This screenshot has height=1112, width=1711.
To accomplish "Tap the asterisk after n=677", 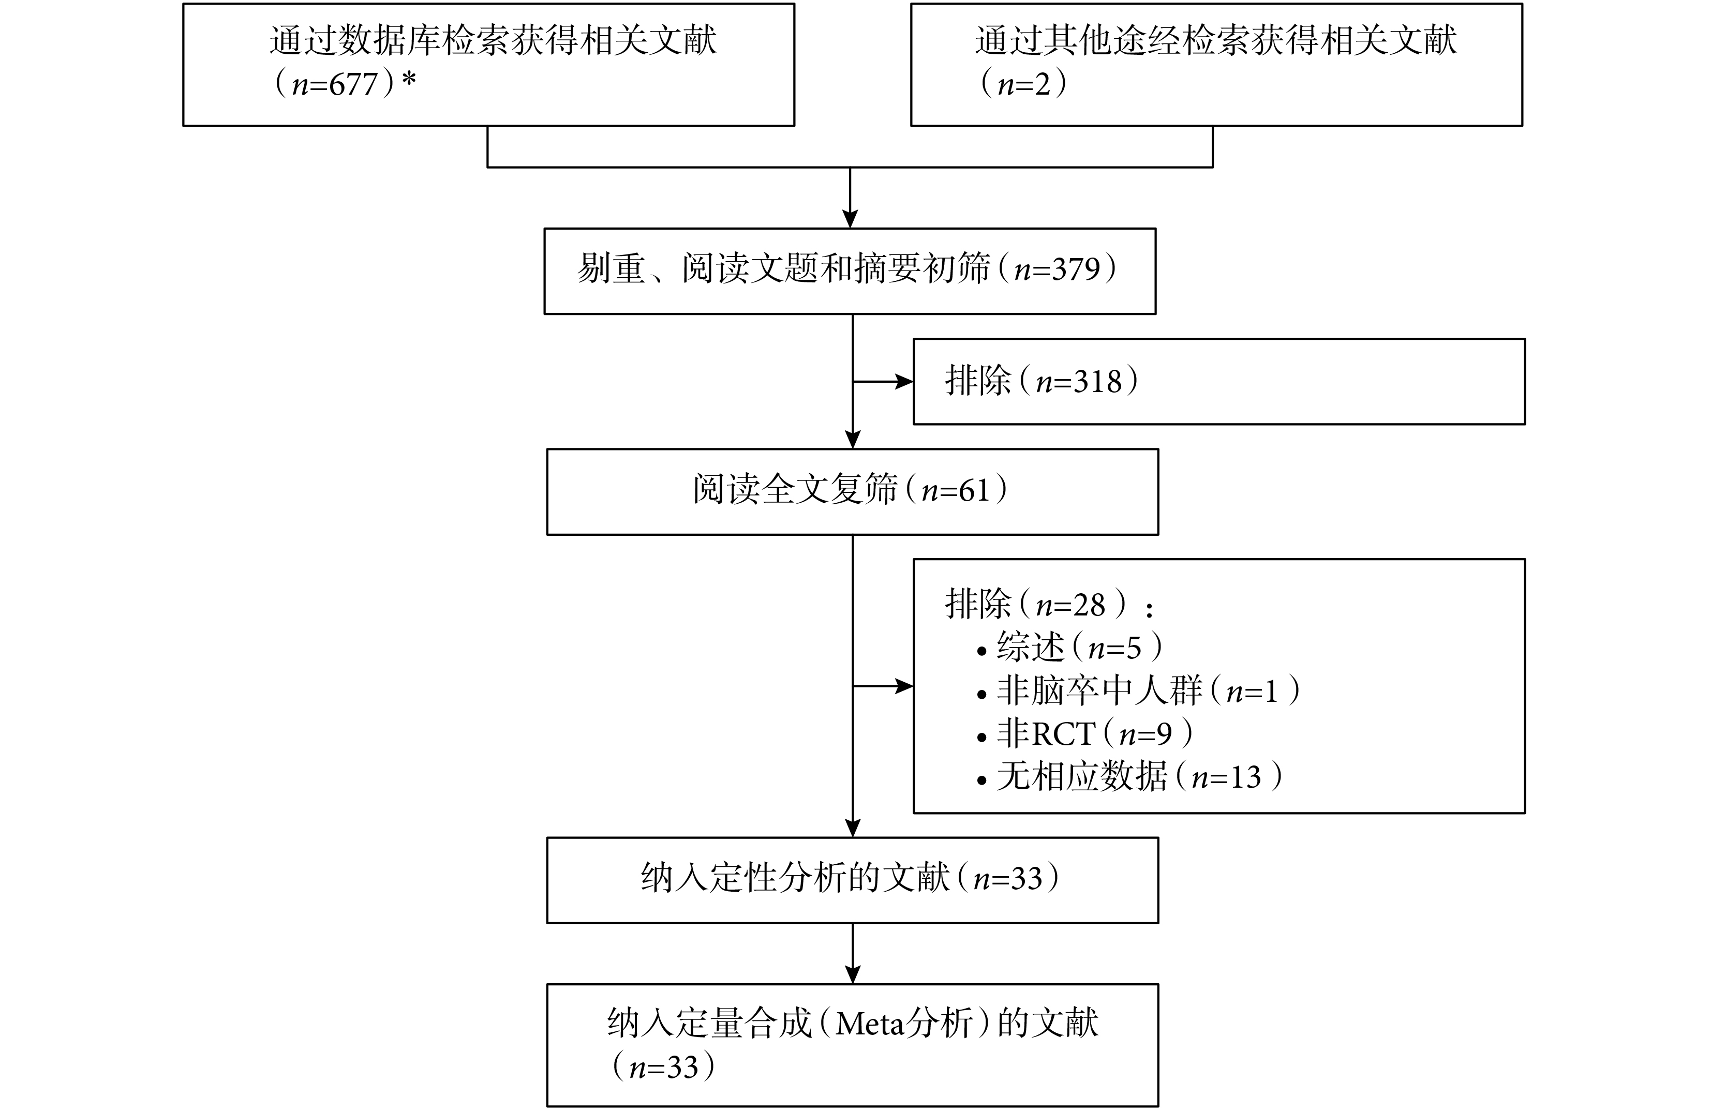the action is (409, 79).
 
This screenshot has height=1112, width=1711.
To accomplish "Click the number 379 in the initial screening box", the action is (1076, 269).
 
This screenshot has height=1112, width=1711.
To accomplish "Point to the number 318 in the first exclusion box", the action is (1098, 382).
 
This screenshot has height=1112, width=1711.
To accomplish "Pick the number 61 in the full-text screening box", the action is (975, 491).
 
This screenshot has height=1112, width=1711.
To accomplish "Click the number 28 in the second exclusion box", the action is (1089, 605).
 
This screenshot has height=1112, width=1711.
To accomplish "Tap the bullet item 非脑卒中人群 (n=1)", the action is (1139, 691).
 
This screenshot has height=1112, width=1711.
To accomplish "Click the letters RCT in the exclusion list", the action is (1063, 734).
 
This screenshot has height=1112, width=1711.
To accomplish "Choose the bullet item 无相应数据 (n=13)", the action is (1130, 777).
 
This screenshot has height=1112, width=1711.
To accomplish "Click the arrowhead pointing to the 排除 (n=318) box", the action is (904, 382).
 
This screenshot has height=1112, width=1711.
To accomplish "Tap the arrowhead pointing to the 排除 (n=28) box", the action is (904, 686).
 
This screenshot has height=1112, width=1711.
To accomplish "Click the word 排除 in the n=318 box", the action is (978, 381).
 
